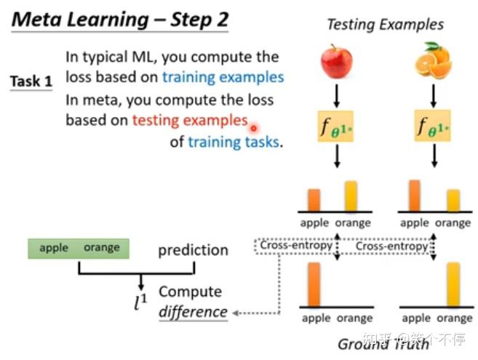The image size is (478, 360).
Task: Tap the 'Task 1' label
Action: coord(31,81)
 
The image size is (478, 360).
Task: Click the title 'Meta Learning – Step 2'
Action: coord(120,19)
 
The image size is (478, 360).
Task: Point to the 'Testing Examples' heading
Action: coord(385,24)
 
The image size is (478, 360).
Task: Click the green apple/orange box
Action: coord(79,248)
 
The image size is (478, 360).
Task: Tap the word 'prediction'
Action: coord(193,250)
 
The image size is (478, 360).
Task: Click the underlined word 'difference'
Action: coord(193,312)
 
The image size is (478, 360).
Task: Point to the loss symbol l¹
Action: coord(140,302)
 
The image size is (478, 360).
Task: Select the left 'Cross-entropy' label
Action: coord(296,246)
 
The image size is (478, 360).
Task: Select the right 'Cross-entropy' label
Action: coord(391,247)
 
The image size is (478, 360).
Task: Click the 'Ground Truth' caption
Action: coord(383,344)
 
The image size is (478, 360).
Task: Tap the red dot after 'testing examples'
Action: coord(254,128)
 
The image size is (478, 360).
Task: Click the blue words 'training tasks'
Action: coord(233,142)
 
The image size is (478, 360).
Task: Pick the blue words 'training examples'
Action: coord(223,76)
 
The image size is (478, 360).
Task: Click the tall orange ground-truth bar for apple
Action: coord(314,284)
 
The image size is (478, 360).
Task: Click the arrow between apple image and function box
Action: coord(336,95)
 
